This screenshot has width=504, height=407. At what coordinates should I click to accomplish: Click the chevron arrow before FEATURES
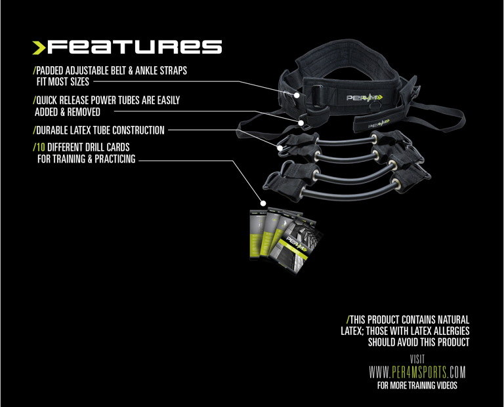click(41, 47)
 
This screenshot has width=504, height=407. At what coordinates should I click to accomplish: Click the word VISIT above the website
click(417, 359)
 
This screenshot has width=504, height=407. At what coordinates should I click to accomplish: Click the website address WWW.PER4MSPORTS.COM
click(417, 373)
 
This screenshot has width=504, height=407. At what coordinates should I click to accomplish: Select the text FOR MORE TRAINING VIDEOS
click(417, 385)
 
